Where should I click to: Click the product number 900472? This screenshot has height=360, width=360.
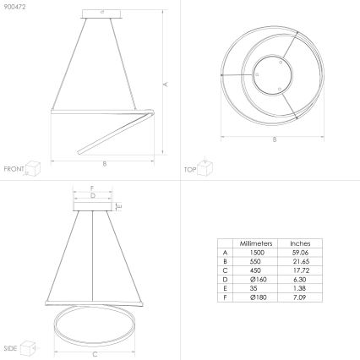point(14,7)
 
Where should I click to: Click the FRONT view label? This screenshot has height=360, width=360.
point(14,169)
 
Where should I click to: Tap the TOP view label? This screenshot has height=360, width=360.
point(190,169)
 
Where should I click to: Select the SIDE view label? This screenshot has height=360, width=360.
point(11,347)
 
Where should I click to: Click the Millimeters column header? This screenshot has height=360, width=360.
point(255,243)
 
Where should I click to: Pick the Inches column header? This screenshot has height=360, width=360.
point(300,243)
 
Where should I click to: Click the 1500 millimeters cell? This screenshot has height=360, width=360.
point(255,252)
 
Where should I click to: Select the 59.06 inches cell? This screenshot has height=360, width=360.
point(300,252)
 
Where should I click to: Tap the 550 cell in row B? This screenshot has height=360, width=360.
point(255,262)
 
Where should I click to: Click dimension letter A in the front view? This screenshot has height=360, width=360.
point(166,84)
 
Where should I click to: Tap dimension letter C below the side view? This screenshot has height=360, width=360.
point(94,354)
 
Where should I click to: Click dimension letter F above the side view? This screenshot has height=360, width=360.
point(92,187)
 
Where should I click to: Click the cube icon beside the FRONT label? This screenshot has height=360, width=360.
point(34,167)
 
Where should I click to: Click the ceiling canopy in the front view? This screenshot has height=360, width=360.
point(103,14)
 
